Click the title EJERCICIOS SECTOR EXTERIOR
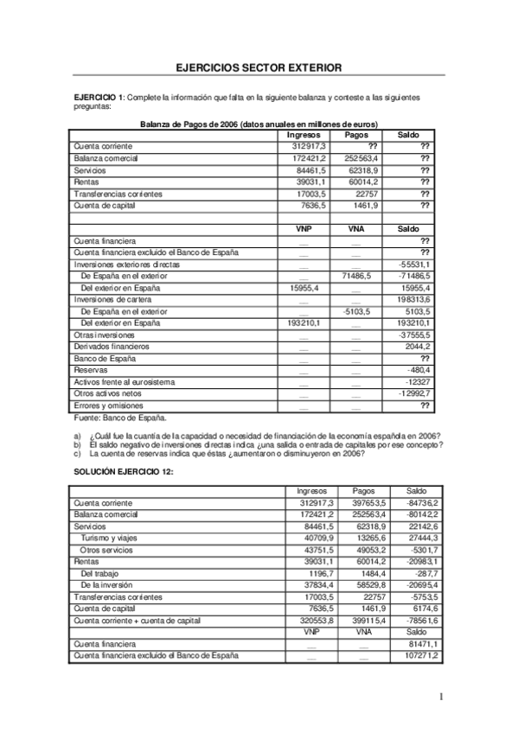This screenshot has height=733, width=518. pos(258,67)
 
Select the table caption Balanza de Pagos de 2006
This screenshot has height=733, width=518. pos(259,124)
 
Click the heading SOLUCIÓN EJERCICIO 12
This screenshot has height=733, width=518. pos(125,472)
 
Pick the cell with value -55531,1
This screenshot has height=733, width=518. pos(414,264)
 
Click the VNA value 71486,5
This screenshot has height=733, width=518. pos(356,275)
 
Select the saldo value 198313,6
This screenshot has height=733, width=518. pos(412,299)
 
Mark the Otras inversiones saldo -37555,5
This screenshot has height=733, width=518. pos(414,335)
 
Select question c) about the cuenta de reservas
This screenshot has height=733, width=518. pos(221,453)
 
